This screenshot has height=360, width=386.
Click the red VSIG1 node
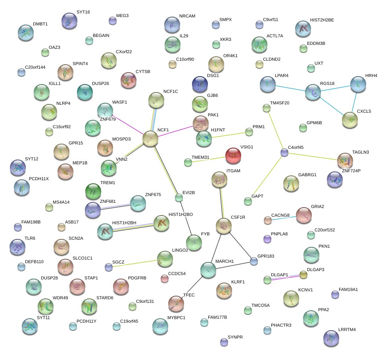pos(233,156)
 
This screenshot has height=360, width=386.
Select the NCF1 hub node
pos(150,139)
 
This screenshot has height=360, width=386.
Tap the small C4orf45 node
pos(284,152)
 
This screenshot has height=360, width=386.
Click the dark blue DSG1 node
pos(200,84)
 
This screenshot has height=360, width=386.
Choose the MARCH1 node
pos(208,270)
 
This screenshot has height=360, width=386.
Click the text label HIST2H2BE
pos(322,20)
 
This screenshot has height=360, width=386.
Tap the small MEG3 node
pos(112,21)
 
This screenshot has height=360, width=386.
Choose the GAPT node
pos(248,201)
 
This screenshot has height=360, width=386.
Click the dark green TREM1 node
pos(94,192)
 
